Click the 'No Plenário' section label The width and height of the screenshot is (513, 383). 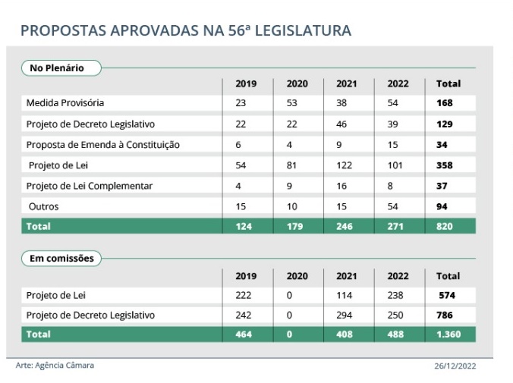click(x=57, y=68)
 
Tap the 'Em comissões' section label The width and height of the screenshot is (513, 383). click(x=61, y=259)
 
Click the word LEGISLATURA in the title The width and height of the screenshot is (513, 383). click(x=303, y=31)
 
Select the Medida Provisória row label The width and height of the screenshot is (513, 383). click(x=65, y=103)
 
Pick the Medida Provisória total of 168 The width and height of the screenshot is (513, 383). click(x=445, y=103)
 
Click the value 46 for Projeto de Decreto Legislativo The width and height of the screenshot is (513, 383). click(x=341, y=124)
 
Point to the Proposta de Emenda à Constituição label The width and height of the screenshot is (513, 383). click(x=103, y=145)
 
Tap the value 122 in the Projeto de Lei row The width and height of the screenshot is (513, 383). click(x=345, y=165)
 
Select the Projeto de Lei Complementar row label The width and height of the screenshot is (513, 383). click(x=90, y=186)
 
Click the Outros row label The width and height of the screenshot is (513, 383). click(x=44, y=207)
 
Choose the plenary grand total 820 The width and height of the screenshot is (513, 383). click(x=445, y=226)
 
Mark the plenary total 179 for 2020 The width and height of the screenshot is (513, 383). click(x=294, y=226)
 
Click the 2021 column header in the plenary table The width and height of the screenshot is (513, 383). click(x=347, y=83)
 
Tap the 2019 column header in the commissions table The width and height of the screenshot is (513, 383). click(x=246, y=276)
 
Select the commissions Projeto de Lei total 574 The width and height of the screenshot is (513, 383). click(x=447, y=295)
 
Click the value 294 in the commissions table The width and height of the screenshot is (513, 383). click(x=345, y=315)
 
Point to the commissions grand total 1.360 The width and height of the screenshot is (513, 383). click(x=448, y=334)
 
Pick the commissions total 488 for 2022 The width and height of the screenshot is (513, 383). click(x=395, y=334)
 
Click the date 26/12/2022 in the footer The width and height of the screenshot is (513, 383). click(x=455, y=366)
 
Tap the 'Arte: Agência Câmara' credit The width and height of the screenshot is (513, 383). click(x=55, y=366)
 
